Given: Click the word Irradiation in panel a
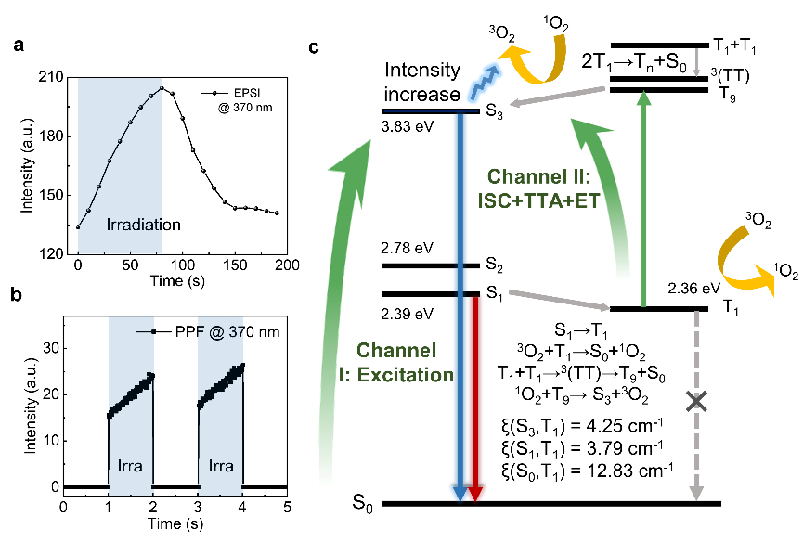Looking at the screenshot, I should pyautogui.click(x=142, y=225).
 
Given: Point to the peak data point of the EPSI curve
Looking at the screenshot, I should pyautogui.click(x=162, y=88).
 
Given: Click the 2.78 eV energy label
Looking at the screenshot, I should pyautogui.click(x=405, y=249).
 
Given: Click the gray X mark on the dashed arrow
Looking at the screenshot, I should pyautogui.click(x=695, y=401).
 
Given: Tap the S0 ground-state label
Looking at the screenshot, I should pyautogui.click(x=362, y=506).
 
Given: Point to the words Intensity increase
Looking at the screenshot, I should pyautogui.click(x=422, y=82).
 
